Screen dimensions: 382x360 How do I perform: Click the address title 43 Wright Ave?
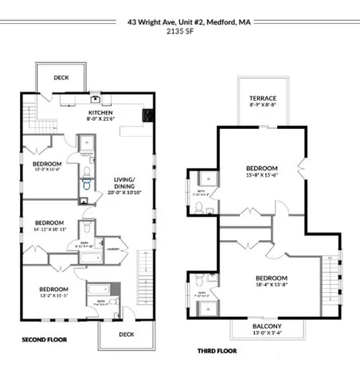pyautogui.click(x=179, y=23)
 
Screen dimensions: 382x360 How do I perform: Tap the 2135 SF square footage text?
pyautogui.click(x=179, y=33)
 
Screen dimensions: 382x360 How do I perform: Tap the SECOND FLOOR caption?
pyautogui.click(x=45, y=340)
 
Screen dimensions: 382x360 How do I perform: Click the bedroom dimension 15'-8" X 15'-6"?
pyautogui.click(x=261, y=175)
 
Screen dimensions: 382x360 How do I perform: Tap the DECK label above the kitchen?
pyautogui.click(x=62, y=77)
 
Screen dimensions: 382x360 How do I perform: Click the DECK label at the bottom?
pyautogui.click(x=125, y=334)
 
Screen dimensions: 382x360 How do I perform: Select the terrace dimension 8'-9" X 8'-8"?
pyautogui.click(x=263, y=104)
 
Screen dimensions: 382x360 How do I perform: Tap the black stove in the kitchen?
pyautogui.click(x=147, y=115)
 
